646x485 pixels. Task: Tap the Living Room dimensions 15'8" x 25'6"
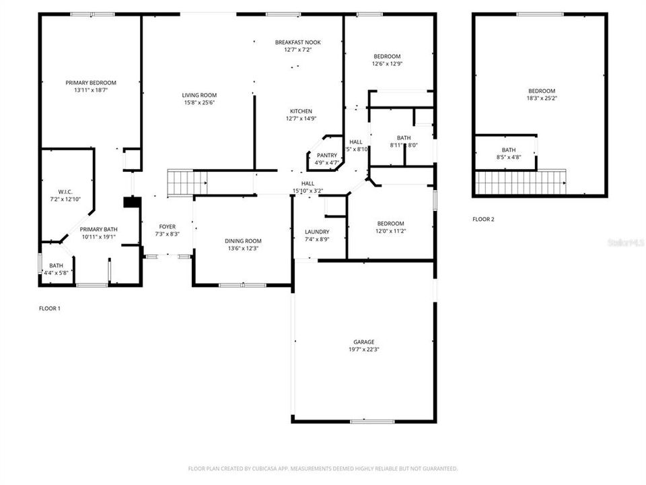199,103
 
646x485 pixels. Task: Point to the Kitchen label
301,111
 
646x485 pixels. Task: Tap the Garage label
363,342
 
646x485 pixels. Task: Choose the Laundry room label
316,232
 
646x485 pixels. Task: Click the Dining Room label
243,240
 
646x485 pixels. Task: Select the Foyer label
167,226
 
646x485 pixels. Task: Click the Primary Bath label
100,229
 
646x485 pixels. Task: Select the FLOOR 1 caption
50,309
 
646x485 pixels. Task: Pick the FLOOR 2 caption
483,219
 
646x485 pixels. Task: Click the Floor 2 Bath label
508,150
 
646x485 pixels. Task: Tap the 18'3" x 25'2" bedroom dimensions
541,98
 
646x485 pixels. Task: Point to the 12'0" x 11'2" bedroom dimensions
390,231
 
